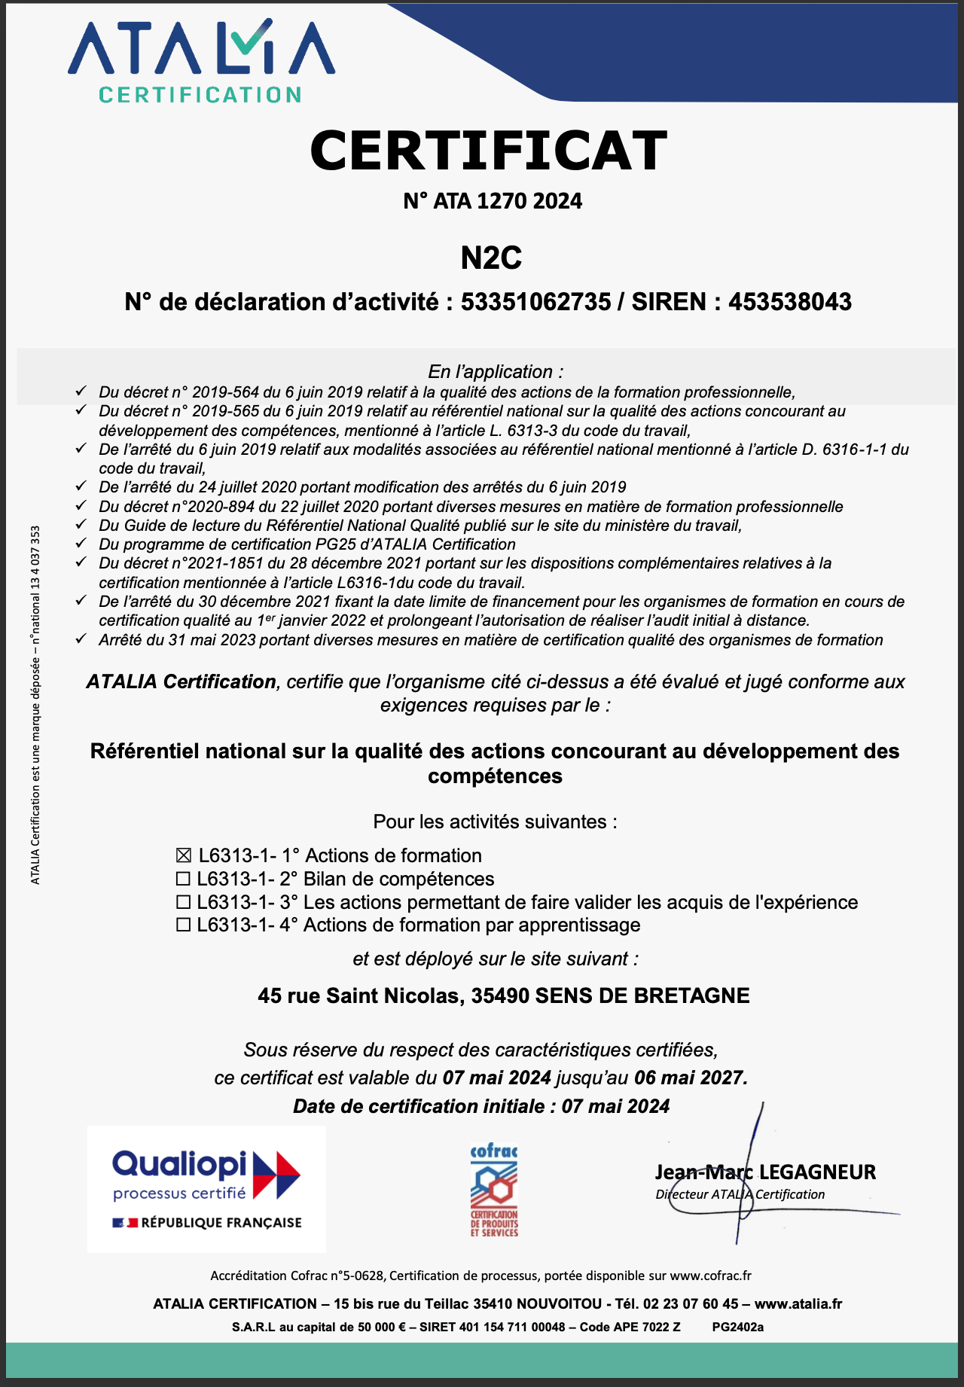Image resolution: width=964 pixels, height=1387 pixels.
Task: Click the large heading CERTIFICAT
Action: [488, 151]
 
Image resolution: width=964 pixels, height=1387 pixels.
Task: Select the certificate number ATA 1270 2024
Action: [507, 201]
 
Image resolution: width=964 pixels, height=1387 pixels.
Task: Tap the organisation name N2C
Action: [491, 258]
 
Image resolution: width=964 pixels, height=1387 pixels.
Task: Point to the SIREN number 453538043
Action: [789, 302]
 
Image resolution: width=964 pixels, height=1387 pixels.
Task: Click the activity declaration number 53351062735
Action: [535, 302]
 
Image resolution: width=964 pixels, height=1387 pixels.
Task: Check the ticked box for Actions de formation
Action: [183, 856]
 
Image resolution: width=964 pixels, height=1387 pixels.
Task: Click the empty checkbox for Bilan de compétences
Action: [183, 879]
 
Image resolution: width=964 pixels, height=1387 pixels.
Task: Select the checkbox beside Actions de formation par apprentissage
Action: [183, 925]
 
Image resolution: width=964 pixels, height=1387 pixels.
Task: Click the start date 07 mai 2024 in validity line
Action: [496, 1078]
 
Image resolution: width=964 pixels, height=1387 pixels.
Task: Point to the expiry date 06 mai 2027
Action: [689, 1078]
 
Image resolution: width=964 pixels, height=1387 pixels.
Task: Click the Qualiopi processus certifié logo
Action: [206, 1189]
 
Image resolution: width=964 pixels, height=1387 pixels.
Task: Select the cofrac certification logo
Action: [494, 1190]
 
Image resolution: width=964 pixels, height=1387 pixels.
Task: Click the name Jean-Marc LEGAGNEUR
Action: [764, 1172]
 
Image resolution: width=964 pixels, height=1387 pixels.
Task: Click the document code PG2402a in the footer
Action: [737, 1327]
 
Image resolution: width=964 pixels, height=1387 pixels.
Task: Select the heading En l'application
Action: [495, 372]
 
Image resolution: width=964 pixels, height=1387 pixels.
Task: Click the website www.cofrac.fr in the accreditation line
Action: [710, 1276]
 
